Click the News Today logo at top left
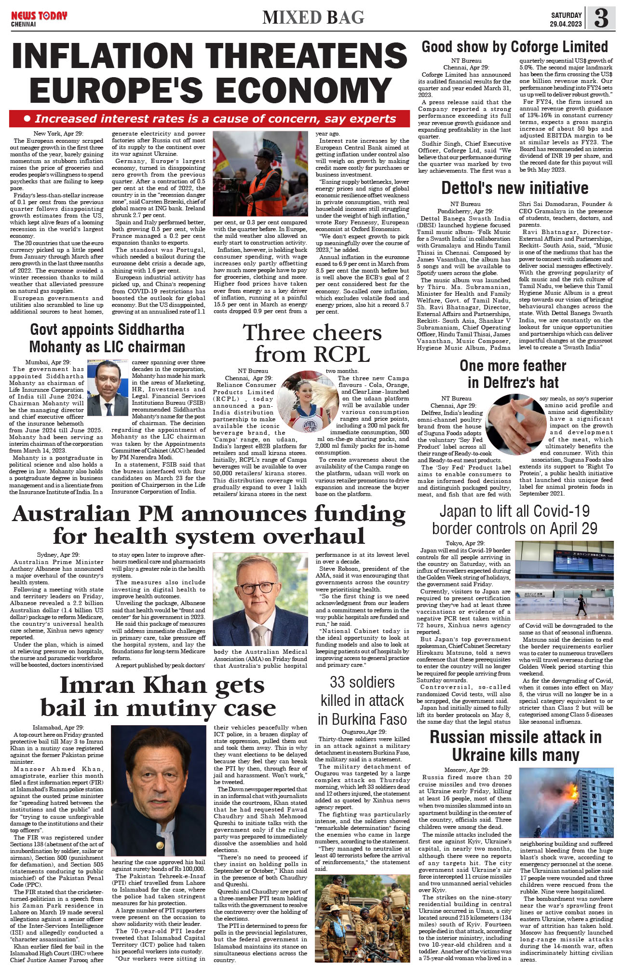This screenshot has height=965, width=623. (39, 18)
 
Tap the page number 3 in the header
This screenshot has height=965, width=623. (601, 18)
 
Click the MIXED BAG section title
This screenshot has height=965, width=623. (313, 18)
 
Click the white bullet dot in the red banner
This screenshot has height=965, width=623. (27, 119)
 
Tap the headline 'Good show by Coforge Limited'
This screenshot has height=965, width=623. (515, 47)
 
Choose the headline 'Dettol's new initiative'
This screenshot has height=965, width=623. (515, 188)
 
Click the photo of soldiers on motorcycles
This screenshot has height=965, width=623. (362, 919)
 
